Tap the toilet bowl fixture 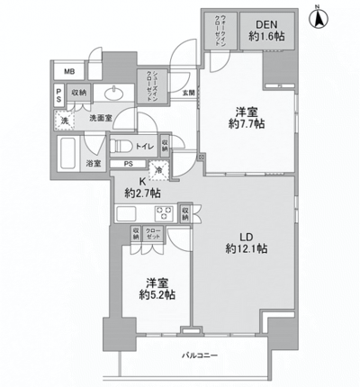122,145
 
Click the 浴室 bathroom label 94,164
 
